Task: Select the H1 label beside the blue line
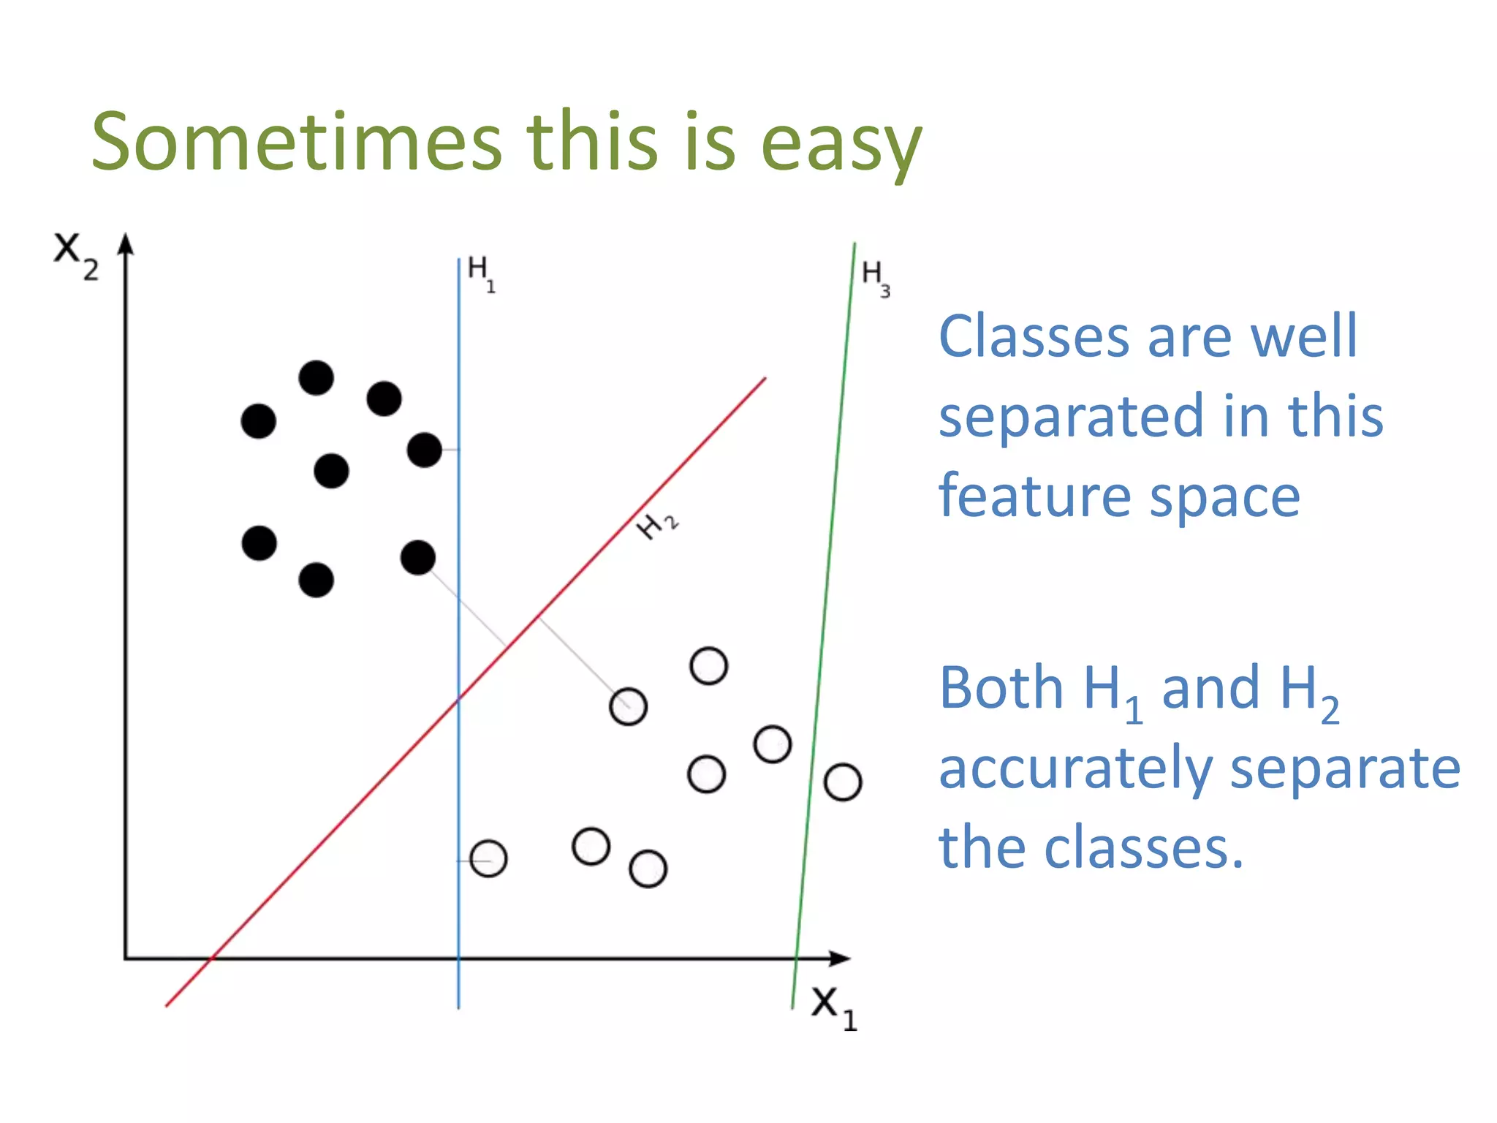(x=480, y=273)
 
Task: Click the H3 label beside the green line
(x=875, y=278)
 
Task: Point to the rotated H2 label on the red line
(x=657, y=524)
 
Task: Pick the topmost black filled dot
(x=317, y=378)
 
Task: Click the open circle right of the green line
(x=843, y=782)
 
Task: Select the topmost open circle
(x=708, y=666)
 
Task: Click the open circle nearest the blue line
(x=488, y=858)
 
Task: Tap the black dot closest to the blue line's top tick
(x=425, y=450)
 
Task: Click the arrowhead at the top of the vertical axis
(x=126, y=244)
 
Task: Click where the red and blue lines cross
(x=459, y=699)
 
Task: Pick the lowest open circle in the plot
(x=648, y=869)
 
